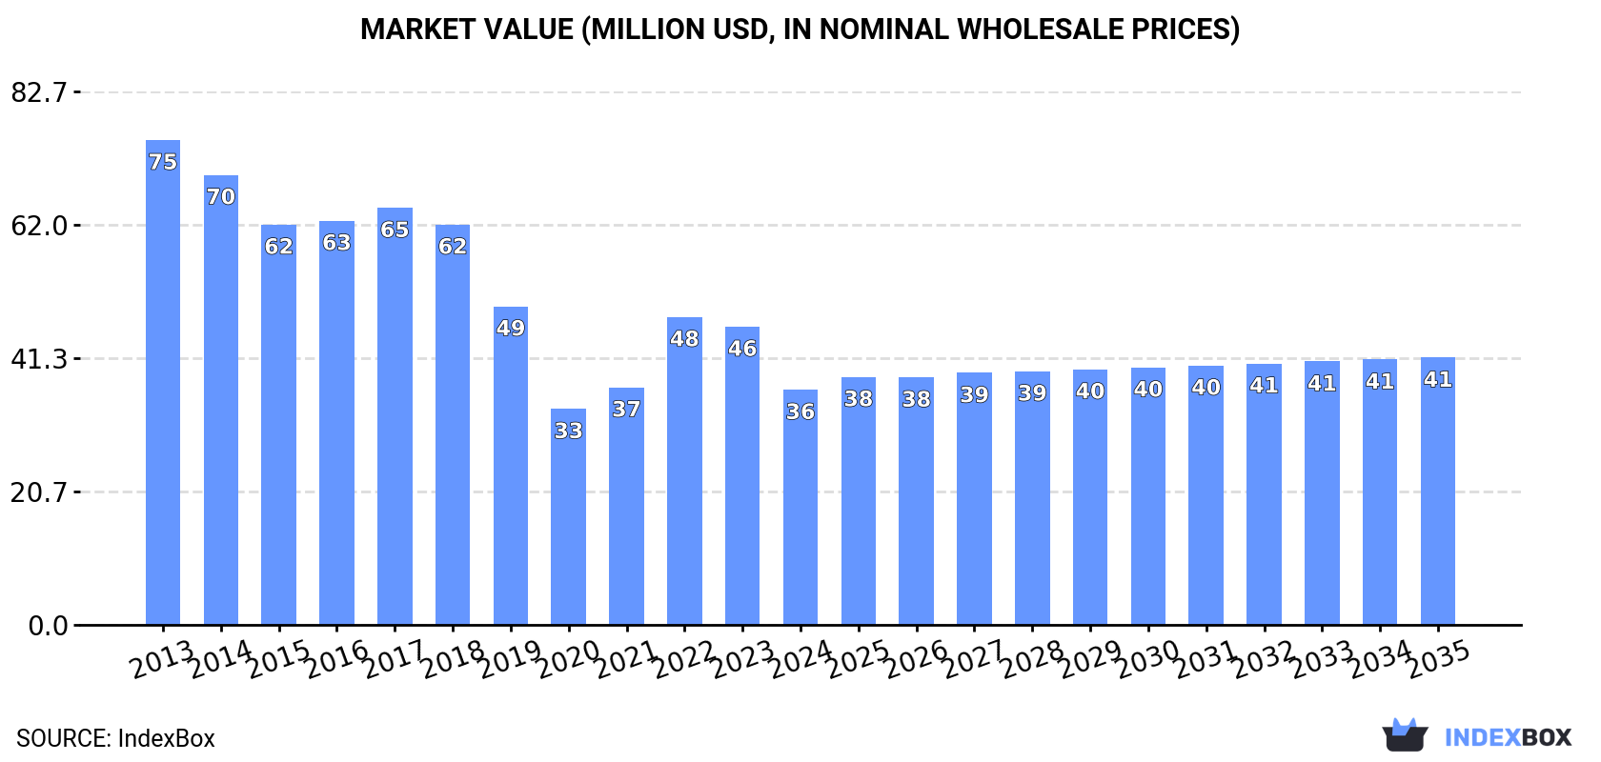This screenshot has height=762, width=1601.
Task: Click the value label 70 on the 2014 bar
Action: (x=221, y=197)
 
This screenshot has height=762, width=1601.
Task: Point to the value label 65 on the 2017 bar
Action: (x=395, y=230)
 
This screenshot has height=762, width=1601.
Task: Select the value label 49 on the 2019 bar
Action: (x=511, y=328)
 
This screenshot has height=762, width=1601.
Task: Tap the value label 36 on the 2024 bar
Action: (x=800, y=411)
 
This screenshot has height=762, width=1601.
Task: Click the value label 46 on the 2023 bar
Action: (x=742, y=349)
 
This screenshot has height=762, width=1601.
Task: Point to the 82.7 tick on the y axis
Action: (x=39, y=92)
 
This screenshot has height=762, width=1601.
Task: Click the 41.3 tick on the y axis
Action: (x=39, y=359)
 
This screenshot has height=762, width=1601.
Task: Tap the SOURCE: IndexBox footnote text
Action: (x=115, y=738)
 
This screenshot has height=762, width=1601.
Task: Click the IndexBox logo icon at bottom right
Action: (x=1405, y=735)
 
